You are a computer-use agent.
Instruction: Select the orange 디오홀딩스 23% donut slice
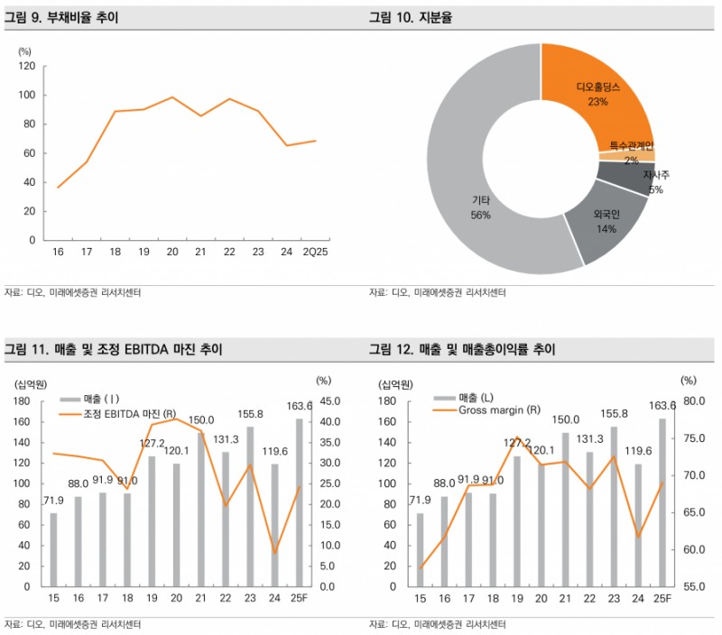pyautogui.click(x=596, y=95)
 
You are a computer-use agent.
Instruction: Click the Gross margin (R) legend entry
pyautogui.click(x=487, y=410)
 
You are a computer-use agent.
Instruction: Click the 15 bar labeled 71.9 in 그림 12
pyautogui.click(x=420, y=549)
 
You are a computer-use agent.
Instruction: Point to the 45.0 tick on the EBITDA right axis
pyautogui.click(x=327, y=401)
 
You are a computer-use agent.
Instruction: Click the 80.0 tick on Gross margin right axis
pyautogui.click(x=692, y=401)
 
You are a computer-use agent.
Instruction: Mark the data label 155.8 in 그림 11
pyautogui.click(x=250, y=414)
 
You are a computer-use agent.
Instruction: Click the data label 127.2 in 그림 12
pyautogui.click(x=516, y=443)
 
